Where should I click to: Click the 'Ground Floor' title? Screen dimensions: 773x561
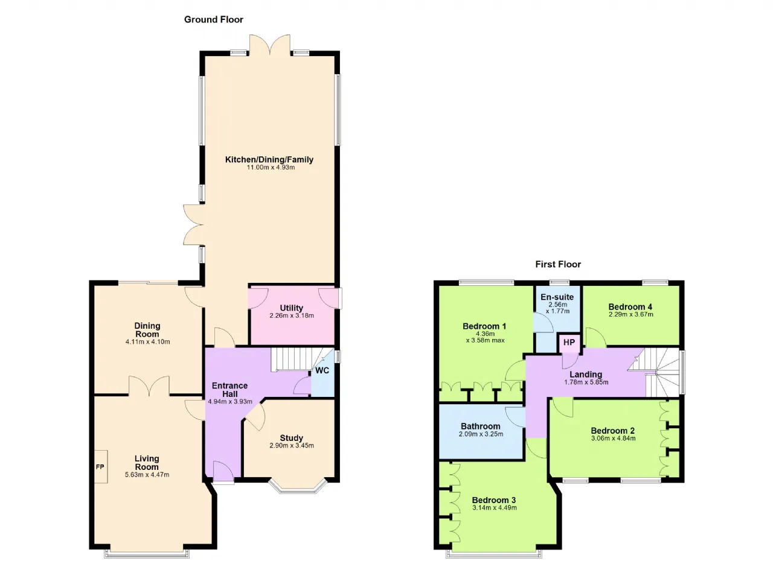214,20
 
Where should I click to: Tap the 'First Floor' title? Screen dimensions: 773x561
558,264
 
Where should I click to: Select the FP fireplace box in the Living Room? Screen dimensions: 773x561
101,466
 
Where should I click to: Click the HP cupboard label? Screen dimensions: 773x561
569,343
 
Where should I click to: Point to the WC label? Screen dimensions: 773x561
322,370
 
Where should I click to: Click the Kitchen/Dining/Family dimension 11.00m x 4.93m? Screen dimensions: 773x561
271,168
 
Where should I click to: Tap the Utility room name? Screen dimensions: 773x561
292,308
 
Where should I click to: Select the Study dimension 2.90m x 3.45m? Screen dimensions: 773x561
292,445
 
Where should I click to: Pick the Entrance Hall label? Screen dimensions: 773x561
230,390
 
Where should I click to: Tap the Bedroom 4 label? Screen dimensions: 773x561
630,306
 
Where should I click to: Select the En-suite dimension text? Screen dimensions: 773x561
557,308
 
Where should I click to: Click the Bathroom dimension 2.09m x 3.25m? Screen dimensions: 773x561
481,434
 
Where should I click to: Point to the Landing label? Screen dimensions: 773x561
586,374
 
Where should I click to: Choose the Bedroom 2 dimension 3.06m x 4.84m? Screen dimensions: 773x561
613,439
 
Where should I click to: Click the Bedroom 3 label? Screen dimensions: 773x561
494,499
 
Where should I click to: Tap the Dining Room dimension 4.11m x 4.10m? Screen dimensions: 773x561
148,342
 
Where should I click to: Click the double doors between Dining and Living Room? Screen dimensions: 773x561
149,386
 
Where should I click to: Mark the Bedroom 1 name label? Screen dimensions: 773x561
484,326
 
